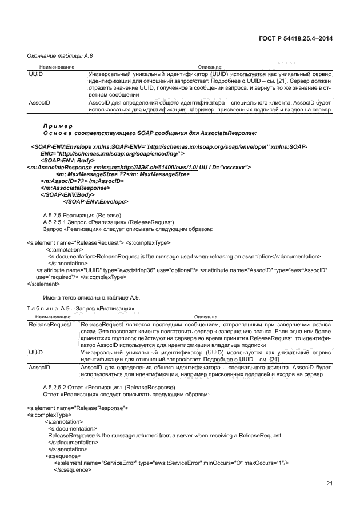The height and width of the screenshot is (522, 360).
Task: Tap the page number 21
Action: click(329, 484)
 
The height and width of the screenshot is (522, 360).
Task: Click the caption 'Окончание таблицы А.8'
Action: click(60, 56)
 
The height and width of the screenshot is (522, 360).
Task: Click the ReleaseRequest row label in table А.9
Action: click(49, 324)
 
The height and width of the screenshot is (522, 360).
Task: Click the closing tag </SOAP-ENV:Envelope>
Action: click(95, 201)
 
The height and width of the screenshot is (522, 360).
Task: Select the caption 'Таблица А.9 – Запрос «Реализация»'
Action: click(81, 309)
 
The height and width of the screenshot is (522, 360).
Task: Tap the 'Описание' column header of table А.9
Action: click(209, 317)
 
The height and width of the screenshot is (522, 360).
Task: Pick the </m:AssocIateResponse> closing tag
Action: click(75, 188)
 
